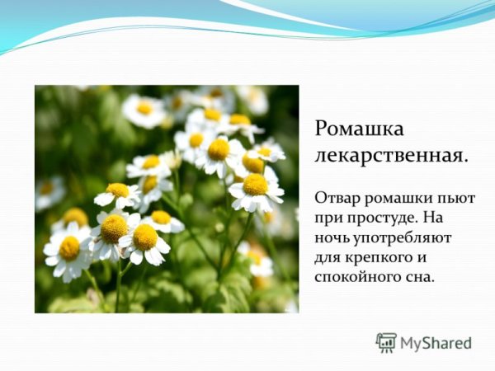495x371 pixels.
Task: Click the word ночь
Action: click(x=333, y=237)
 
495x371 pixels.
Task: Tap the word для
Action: click(x=329, y=256)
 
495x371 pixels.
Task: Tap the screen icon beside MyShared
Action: click(x=386, y=342)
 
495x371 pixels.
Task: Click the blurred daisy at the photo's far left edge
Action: click(x=48, y=192)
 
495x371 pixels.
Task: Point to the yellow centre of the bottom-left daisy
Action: click(x=69, y=247)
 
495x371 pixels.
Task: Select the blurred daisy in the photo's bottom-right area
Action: click(x=260, y=265)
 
